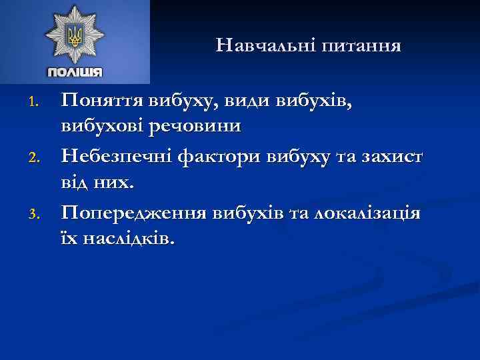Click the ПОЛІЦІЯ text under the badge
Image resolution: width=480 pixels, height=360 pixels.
(x=75, y=72)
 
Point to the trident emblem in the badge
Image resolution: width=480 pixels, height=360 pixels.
(x=75, y=34)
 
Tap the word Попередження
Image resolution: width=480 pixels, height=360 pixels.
(x=133, y=214)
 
